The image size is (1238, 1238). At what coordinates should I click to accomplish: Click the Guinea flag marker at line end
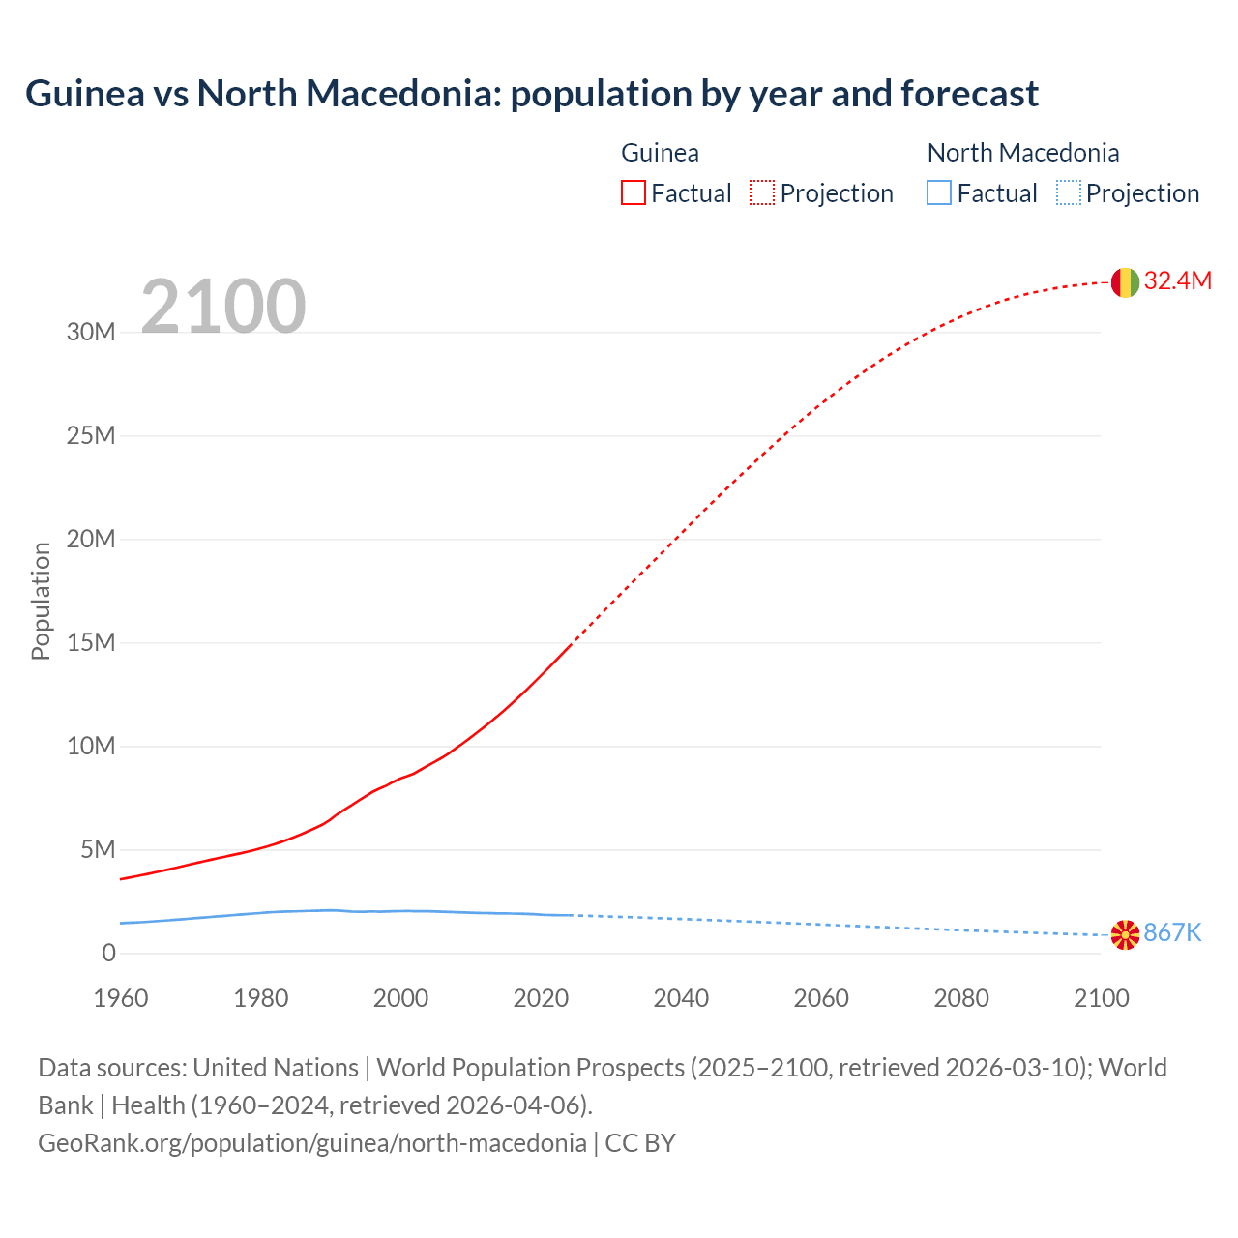coord(1125,282)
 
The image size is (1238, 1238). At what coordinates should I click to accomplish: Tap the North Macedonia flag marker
coord(1125,934)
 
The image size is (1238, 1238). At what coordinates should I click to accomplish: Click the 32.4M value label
coord(1177,281)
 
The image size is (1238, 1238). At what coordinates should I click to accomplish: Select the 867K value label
coord(1172,933)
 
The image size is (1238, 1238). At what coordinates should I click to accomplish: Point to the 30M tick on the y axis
coord(91,333)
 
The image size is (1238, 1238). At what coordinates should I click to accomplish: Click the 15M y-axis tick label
coord(91,643)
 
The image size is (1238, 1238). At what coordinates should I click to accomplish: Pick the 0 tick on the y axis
coord(108,954)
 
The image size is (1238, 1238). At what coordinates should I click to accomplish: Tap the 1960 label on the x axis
coord(121,998)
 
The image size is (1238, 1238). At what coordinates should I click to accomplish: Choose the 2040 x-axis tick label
coord(681,998)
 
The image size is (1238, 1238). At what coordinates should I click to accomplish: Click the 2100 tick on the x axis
coord(1101,998)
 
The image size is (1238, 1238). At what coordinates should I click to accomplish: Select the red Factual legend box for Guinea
coord(634,193)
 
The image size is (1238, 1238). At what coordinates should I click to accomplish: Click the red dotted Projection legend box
coord(762,193)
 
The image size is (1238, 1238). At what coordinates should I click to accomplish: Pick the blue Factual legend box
coord(939,193)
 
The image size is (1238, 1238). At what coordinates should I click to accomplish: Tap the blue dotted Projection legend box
coord(1069,193)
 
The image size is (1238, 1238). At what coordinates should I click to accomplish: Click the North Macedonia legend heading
coord(1023,153)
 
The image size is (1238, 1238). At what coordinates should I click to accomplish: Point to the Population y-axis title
coord(41,601)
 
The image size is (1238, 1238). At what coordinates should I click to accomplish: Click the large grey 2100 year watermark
coord(223,307)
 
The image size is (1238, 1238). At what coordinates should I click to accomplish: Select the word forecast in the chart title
coord(969,94)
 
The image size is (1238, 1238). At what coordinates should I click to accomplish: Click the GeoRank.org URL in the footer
coord(312,1143)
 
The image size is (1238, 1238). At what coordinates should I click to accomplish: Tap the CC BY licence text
coord(640,1143)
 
